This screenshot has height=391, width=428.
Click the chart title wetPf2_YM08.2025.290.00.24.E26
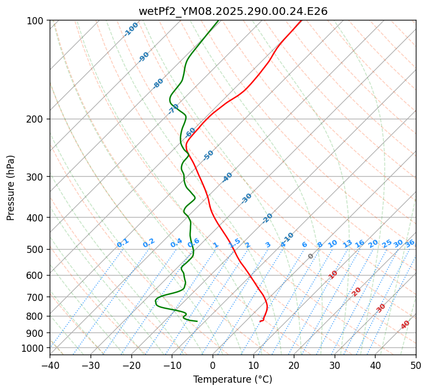233,11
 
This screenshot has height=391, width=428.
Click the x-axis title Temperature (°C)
233,380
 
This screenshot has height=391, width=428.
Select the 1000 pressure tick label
33,348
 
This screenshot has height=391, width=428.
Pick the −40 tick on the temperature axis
50,366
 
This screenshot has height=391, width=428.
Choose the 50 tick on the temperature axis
416,366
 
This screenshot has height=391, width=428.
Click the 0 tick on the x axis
213,366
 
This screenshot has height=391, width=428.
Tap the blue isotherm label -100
131,29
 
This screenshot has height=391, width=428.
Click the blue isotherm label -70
173,108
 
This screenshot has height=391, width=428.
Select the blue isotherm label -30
246,198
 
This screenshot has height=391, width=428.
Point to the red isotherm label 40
405,325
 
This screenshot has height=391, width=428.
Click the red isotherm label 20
357,292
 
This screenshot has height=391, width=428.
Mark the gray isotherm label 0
311,256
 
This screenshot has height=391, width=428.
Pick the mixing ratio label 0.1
123,242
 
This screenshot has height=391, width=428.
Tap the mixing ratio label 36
410,243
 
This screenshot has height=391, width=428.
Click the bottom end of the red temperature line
260,321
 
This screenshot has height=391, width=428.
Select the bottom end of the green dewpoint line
197,321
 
